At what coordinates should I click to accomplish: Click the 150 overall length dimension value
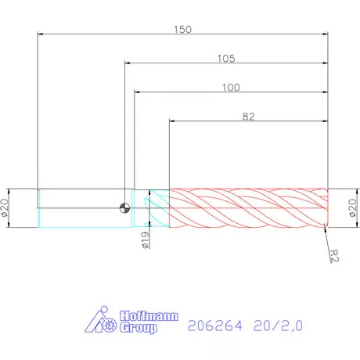[x=182, y=29]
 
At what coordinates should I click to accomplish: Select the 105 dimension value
[x=228, y=58]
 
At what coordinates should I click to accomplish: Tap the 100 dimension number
[x=230, y=87]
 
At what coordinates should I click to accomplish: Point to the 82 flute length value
[x=249, y=116]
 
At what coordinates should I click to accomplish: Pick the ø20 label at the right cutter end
[x=351, y=208]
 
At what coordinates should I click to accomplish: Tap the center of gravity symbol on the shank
[x=124, y=208]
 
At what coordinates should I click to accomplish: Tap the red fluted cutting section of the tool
[x=249, y=208]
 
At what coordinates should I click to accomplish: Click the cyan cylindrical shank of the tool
[x=78, y=208]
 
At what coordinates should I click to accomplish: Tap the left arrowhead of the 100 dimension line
[x=138, y=93]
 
